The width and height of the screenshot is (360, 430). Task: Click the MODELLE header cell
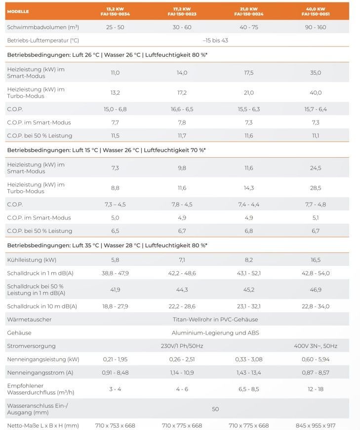18,11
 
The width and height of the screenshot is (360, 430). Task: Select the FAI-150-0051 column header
316,14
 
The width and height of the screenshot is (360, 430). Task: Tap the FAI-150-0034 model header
115,14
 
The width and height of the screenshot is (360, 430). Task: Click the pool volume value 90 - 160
316,27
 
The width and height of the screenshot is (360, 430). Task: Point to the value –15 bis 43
215,41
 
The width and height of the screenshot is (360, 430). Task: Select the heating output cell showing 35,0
316,73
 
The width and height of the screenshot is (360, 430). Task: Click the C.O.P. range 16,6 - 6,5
182,109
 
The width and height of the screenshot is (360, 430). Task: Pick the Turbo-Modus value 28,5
316,188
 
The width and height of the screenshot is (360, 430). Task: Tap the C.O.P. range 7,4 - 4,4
249,204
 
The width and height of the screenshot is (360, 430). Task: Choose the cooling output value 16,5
316,259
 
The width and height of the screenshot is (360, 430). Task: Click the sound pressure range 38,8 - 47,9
115,273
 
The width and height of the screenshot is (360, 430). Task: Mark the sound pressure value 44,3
182,290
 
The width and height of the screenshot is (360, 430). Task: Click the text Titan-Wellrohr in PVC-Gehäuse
215,319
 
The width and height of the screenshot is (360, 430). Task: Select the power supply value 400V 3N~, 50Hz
316,346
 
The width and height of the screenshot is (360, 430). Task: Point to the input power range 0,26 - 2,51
182,359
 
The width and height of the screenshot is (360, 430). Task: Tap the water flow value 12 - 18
316,389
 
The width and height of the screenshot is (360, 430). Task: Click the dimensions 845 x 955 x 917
316,426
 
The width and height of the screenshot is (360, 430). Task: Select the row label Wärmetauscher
29,319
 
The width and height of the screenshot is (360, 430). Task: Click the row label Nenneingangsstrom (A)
40,373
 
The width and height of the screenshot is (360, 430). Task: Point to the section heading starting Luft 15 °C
106,150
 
